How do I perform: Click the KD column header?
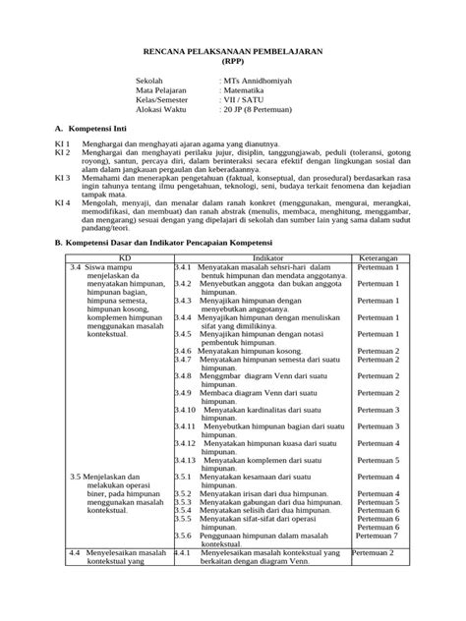tap(120, 256)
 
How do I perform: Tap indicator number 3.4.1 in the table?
tap(183, 266)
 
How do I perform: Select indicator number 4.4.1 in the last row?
tap(183, 553)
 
